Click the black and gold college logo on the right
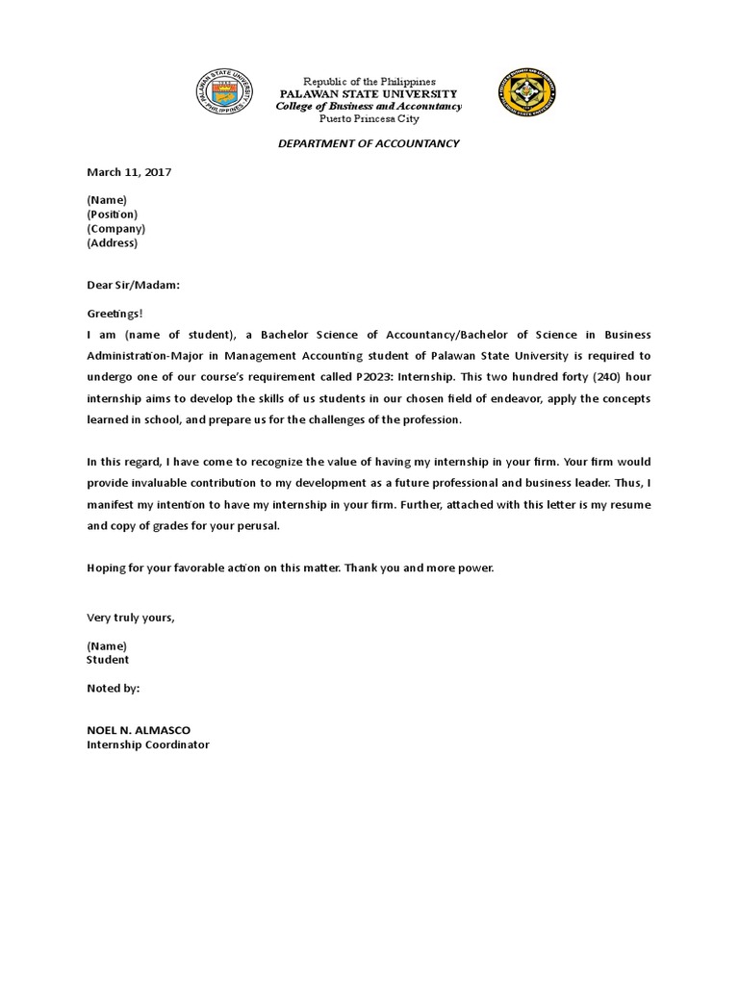click(x=526, y=94)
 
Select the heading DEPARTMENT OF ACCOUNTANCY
click(x=369, y=143)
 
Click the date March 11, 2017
click(x=129, y=172)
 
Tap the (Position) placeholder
click(x=112, y=215)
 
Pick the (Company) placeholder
click(x=115, y=229)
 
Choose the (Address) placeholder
click(x=113, y=243)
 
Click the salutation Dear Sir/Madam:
click(x=134, y=285)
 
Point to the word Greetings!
click(x=115, y=313)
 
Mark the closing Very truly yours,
click(x=131, y=618)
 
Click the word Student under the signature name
click(x=108, y=660)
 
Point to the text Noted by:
click(x=114, y=689)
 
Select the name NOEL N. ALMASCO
click(x=145, y=730)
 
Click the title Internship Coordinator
click(x=148, y=745)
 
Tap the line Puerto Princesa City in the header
click(x=369, y=118)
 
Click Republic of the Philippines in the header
click(x=369, y=83)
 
